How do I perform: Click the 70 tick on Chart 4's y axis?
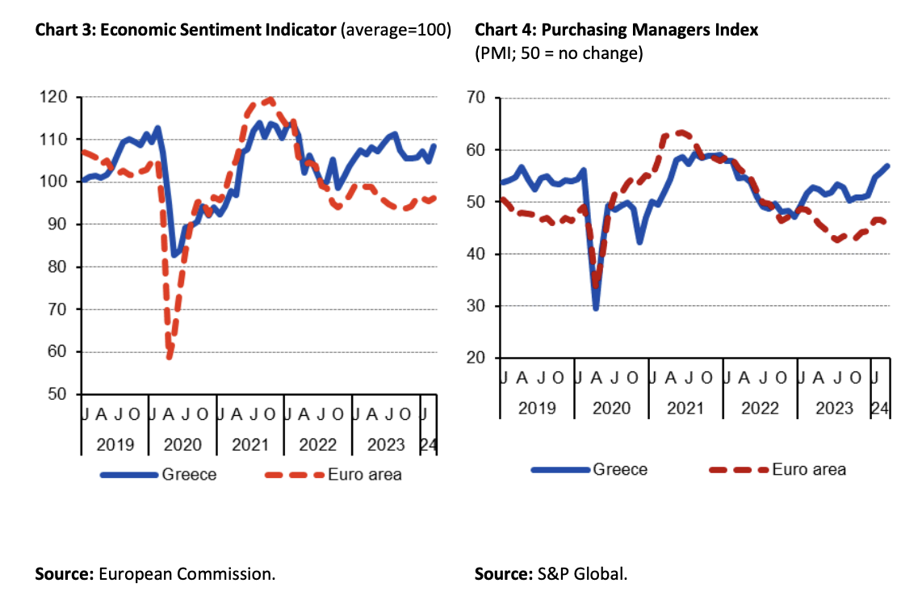[x=482, y=99]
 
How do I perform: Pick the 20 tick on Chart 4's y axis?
[x=482, y=359]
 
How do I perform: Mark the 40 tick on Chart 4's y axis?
[x=482, y=254]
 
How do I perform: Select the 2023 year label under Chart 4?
[x=833, y=408]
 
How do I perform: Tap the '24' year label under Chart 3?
[x=428, y=444]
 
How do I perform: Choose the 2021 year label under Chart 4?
[x=685, y=408]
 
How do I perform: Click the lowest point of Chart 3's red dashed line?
[x=170, y=356]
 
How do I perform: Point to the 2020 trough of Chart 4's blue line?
[x=596, y=308]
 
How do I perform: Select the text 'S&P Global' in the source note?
[x=582, y=575]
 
